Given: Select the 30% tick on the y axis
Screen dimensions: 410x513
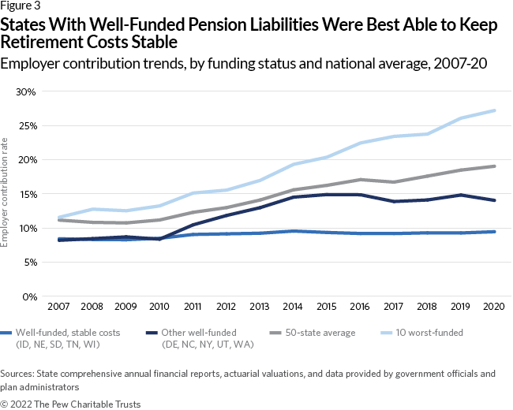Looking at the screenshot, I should point(26,91).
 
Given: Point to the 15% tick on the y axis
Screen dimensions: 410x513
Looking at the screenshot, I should point(26,194).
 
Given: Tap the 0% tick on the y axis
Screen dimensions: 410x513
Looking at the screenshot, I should point(28,296).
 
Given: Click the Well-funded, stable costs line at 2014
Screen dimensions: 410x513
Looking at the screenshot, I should point(293,231).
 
